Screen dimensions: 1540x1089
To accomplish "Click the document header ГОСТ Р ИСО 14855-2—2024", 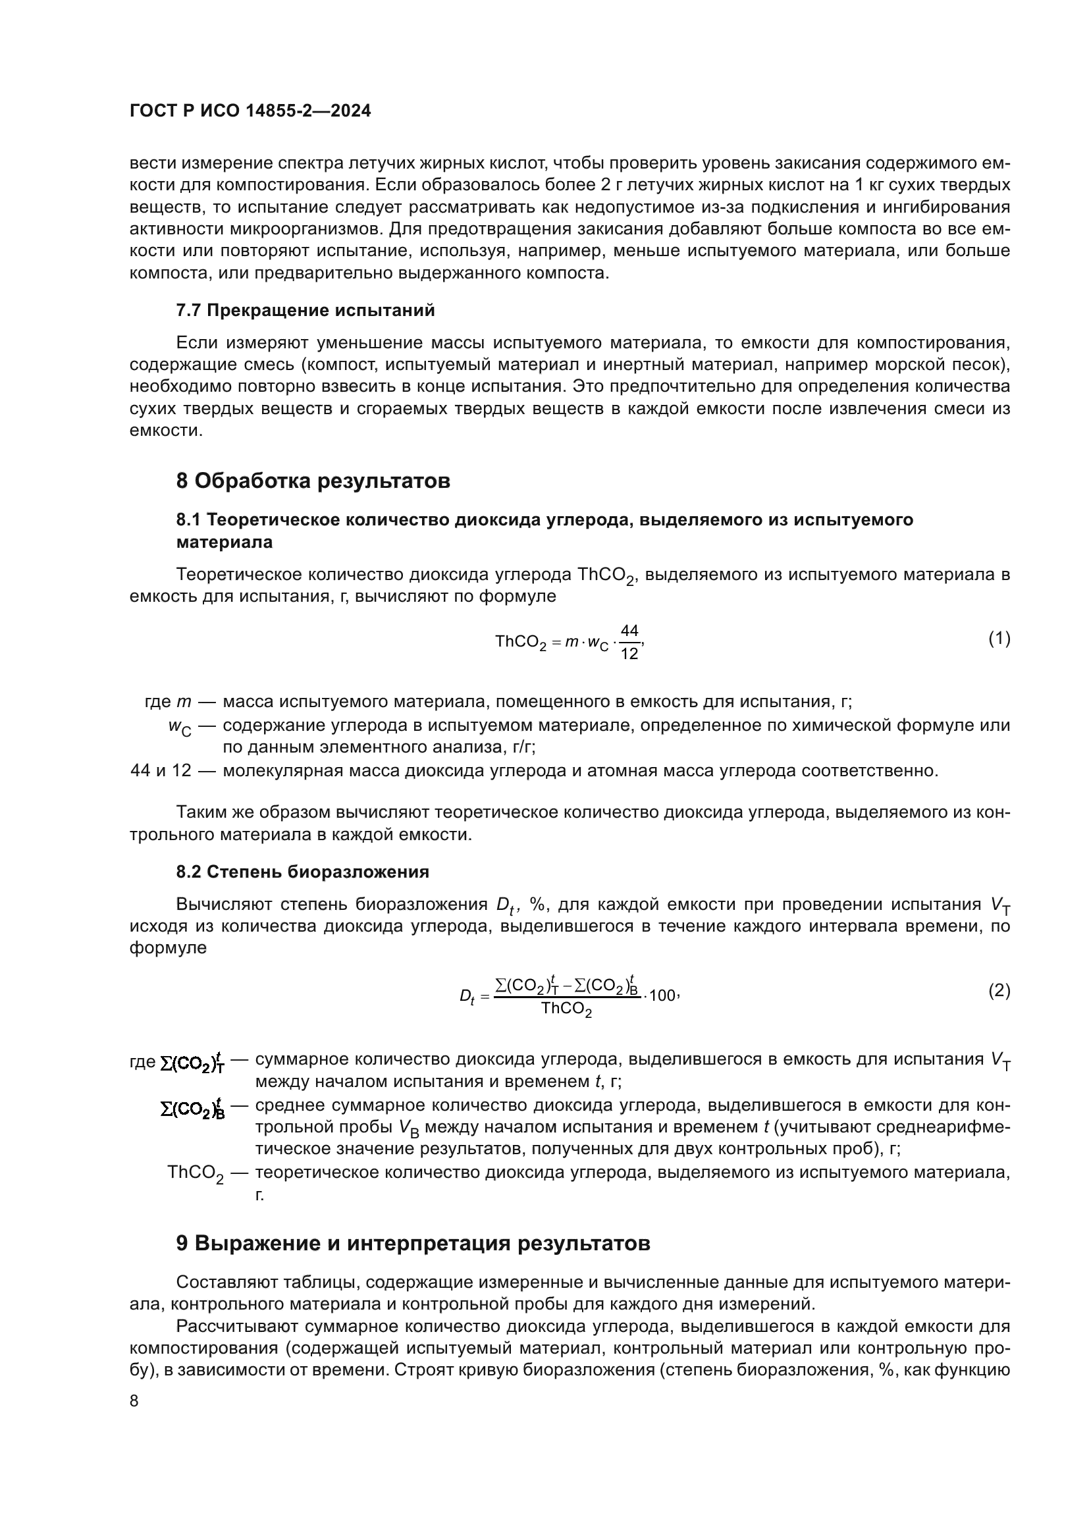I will click(x=250, y=111).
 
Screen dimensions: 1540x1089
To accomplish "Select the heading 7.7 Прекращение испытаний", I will click(x=305, y=311).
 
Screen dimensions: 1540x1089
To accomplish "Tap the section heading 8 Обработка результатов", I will click(x=313, y=481).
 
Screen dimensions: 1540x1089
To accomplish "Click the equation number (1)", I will click(x=999, y=639).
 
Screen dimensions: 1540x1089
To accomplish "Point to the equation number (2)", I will click(x=999, y=991).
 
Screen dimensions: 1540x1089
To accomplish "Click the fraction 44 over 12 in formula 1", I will click(x=629, y=642).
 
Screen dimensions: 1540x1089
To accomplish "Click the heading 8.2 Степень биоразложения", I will click(x=302, y=872).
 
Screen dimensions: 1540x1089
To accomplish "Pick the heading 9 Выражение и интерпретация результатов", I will click(x=413, y=1243).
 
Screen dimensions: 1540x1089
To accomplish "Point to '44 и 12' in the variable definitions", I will click(x=161, y=771).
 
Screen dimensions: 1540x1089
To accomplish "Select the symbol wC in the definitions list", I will click(x=179, y=727).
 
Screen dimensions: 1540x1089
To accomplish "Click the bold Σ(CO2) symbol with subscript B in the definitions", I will click(x=192, y=1109).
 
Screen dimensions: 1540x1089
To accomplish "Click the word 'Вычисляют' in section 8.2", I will click(x=221, y=904).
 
